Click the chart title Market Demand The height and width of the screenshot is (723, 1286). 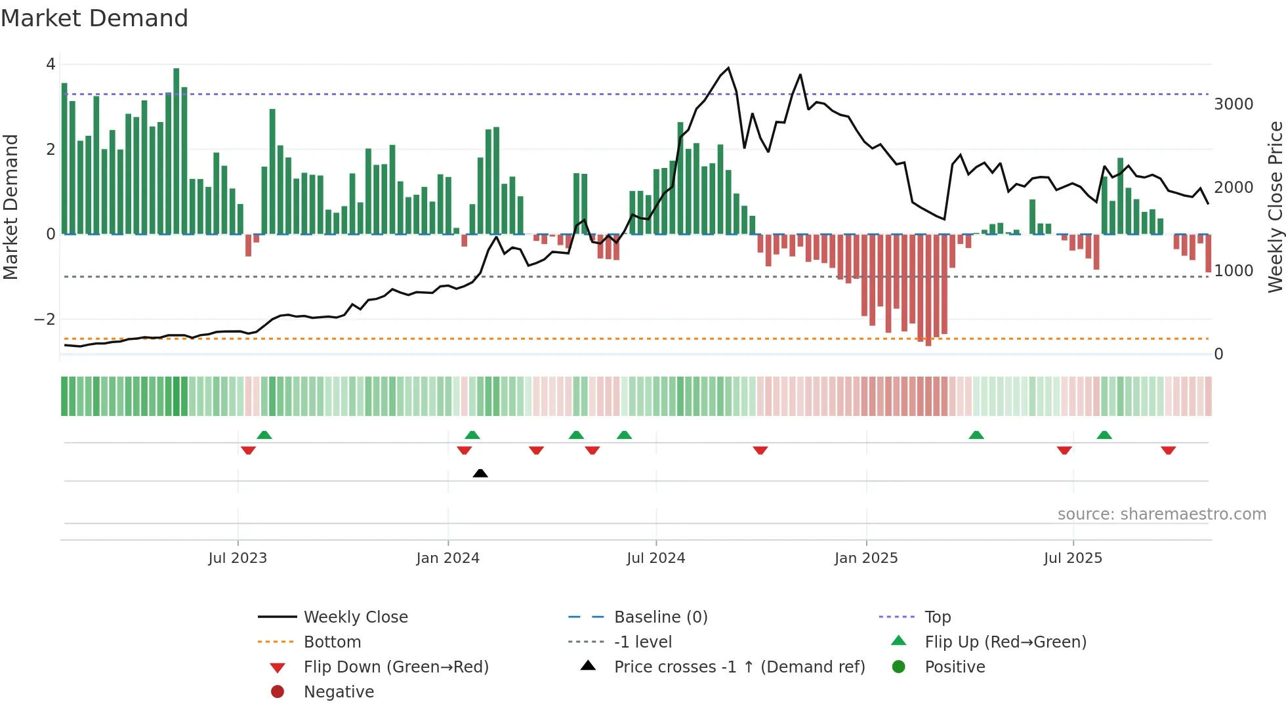(94, 18)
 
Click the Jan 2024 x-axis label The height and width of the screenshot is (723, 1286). (447, 558)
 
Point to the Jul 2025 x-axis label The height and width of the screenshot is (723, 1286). (1073, 558)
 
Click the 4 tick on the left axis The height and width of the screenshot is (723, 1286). (51, 64)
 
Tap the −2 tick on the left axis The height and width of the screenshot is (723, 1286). (45, 320)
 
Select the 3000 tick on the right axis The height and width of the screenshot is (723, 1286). (1234, 104)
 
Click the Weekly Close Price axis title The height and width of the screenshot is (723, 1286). (1275, 207)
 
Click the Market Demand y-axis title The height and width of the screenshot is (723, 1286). (11, 207)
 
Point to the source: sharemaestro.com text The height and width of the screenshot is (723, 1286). (1161, 514)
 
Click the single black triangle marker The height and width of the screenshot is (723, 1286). (480, 473)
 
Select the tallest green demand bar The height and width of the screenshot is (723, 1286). (176, 151)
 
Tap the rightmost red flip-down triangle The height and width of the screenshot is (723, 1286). (1168, 450)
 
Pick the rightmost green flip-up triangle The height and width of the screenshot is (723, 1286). (1104, 435)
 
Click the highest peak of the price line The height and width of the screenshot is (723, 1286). (728, 68)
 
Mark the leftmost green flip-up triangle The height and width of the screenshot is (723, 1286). (264, 435)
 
